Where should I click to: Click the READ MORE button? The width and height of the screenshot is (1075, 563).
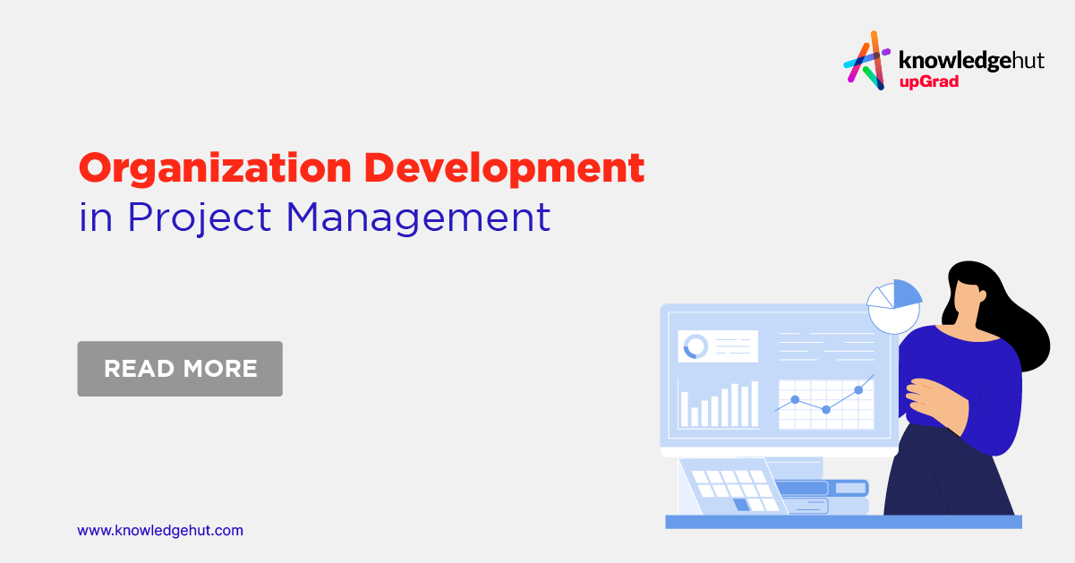[180, 368]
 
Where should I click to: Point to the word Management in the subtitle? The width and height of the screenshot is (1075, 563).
[418, 218]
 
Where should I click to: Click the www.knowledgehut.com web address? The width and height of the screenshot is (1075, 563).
[160, 530]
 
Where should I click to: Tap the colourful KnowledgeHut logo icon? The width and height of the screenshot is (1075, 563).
[866, 60]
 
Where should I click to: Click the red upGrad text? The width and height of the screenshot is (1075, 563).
[928, 82]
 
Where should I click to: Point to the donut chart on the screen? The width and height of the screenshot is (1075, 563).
[695, 346]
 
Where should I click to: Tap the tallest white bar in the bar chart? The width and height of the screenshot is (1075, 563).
[754, 404]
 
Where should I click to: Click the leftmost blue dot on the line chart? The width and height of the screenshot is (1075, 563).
[795, 399]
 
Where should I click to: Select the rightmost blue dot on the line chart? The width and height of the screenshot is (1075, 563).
[858, 389]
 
